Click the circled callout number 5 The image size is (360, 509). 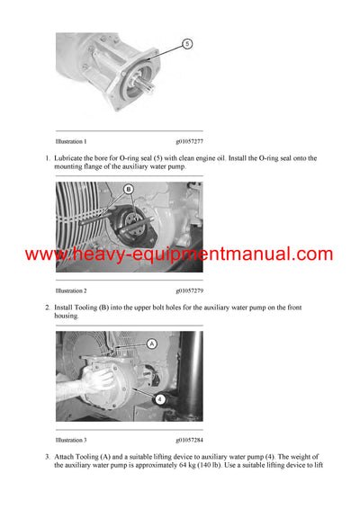coord(186,42)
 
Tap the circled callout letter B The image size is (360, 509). coord(128,189)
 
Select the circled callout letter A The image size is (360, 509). coord(151,344)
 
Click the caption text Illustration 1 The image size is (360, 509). coord(71,141)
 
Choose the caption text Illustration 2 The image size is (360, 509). coord(71,291)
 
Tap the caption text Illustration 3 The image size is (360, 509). coord(71,441)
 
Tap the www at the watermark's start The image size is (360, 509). coord(43,254)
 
